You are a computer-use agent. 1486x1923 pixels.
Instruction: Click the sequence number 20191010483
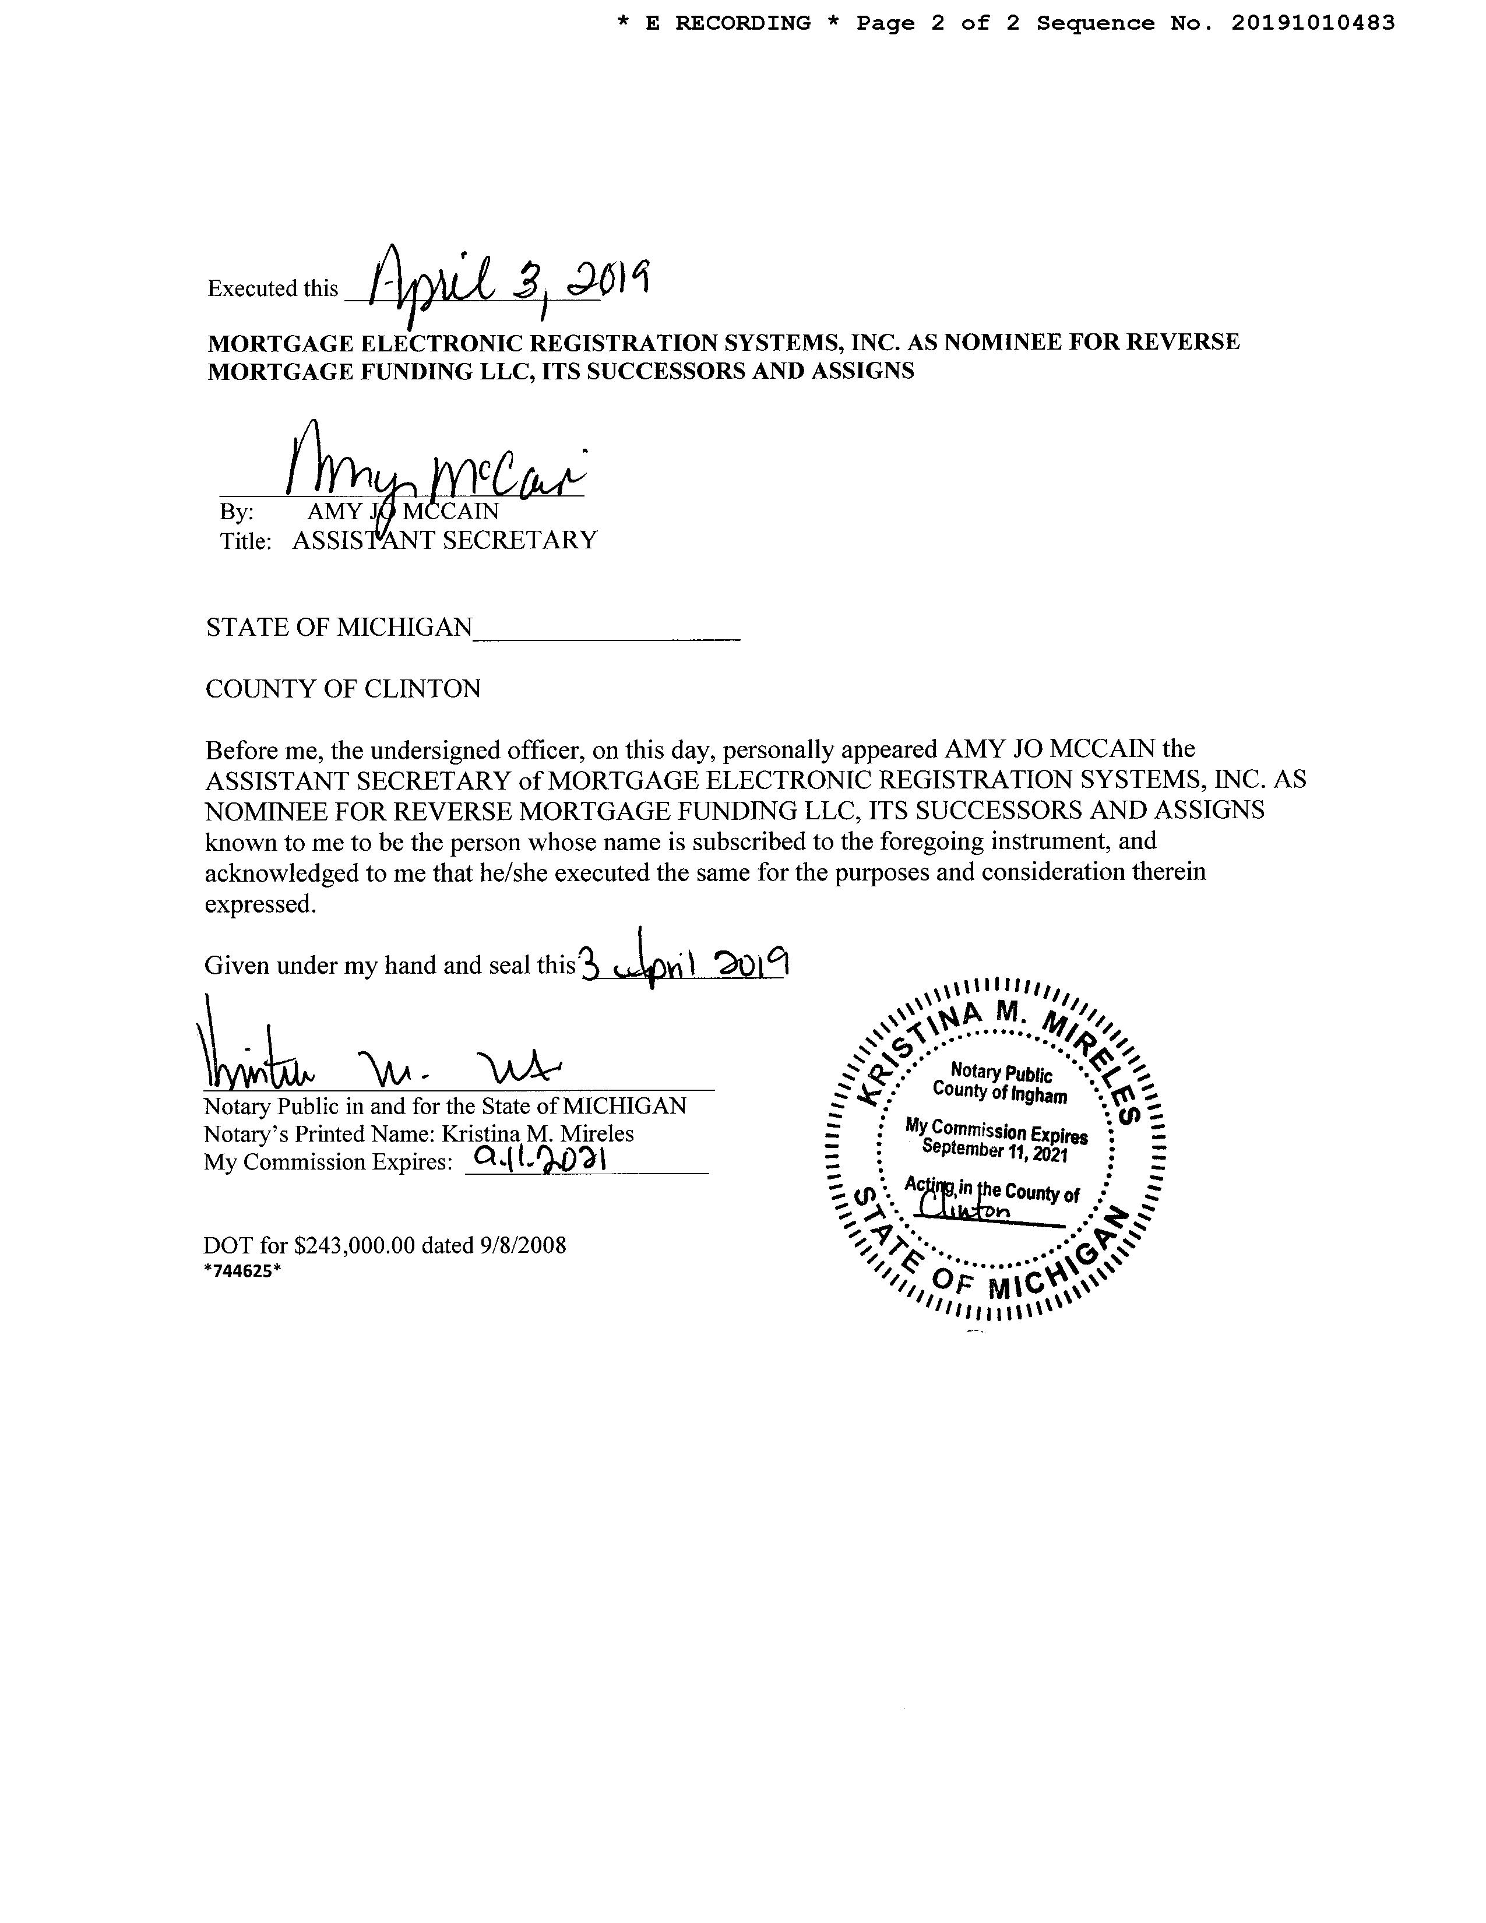click(1312, 24)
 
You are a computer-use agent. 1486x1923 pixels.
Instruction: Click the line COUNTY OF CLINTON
click(343, 689)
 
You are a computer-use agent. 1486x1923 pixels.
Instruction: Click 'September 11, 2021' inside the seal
click(995, 1149)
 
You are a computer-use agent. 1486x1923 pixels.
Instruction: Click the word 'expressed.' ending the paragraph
click(260, 904)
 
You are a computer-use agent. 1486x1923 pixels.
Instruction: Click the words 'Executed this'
click(273, 289)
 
